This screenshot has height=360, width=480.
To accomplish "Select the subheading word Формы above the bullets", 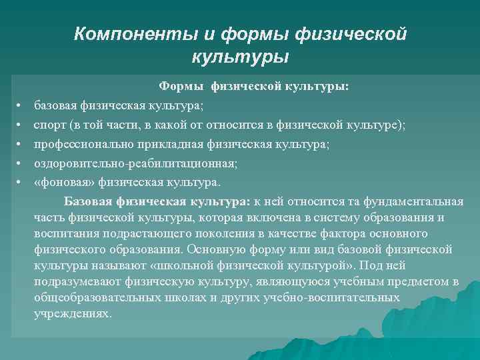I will [x=182, y=86].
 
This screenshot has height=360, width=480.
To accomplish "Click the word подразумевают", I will [x=71, y=281].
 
